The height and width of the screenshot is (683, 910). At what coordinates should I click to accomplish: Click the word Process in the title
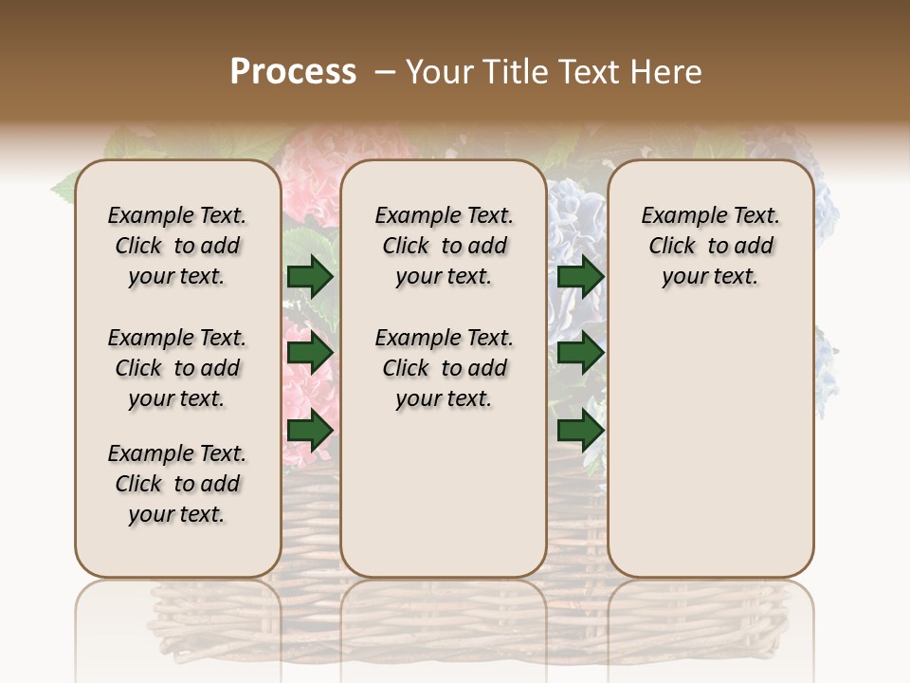(293, 72)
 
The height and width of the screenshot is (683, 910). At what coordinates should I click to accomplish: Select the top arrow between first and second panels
(310, 276)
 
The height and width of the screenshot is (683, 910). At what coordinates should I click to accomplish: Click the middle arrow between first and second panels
(310, 354)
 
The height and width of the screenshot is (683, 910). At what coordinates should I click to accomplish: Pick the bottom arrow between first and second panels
(310, 431)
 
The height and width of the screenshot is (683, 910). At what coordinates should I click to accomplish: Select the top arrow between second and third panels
(580, 276)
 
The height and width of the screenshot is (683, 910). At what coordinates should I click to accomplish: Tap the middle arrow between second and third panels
(580, 354)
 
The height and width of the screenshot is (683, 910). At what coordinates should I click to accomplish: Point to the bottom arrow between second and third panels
(580, 431)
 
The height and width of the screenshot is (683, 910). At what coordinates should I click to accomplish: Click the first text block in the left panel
(177, 246)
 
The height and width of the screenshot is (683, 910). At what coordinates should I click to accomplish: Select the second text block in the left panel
(177, 368)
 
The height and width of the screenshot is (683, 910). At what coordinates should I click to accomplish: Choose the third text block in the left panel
(177, 484)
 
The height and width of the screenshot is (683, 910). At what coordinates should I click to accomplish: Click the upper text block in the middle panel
(444, 246)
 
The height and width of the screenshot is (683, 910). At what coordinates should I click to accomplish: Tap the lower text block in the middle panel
(444, 368)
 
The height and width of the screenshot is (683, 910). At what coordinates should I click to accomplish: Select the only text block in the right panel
(711, 246)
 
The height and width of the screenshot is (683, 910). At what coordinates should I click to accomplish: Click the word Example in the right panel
(680, 216)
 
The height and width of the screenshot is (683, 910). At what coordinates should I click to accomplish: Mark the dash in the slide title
(384, 72)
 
